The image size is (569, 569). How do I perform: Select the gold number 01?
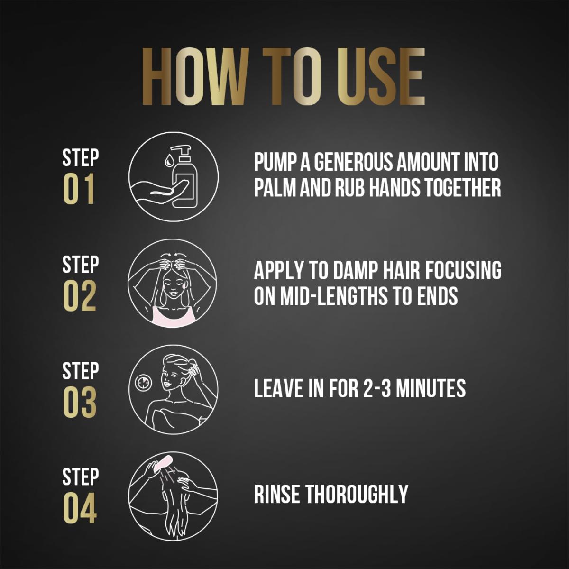[79, 188]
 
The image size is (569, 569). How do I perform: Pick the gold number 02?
[80, 295]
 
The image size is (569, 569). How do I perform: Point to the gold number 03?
[80, 402]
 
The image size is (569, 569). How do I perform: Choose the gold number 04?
[80, 508]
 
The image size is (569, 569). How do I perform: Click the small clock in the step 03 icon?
[143, 383]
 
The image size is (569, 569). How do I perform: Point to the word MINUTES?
[431, 388]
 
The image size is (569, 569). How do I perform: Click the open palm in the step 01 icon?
[156, 192]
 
